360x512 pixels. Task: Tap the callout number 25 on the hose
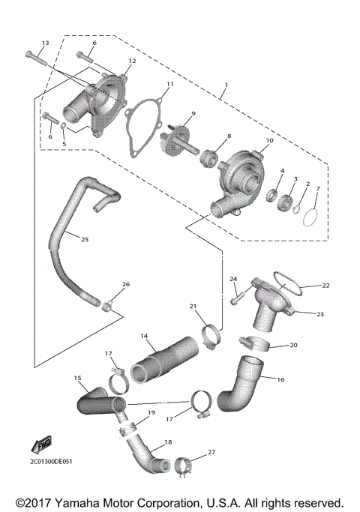tap(84, 239)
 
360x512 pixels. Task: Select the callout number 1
tap(224, 94)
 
